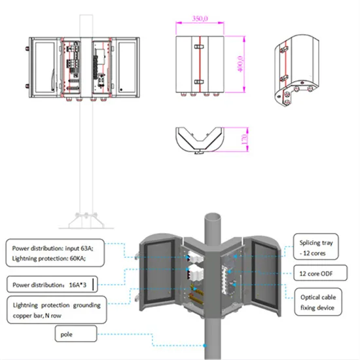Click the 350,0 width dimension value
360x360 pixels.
200,20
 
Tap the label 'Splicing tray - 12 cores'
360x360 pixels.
315,247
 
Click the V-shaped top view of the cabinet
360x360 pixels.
199,139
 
